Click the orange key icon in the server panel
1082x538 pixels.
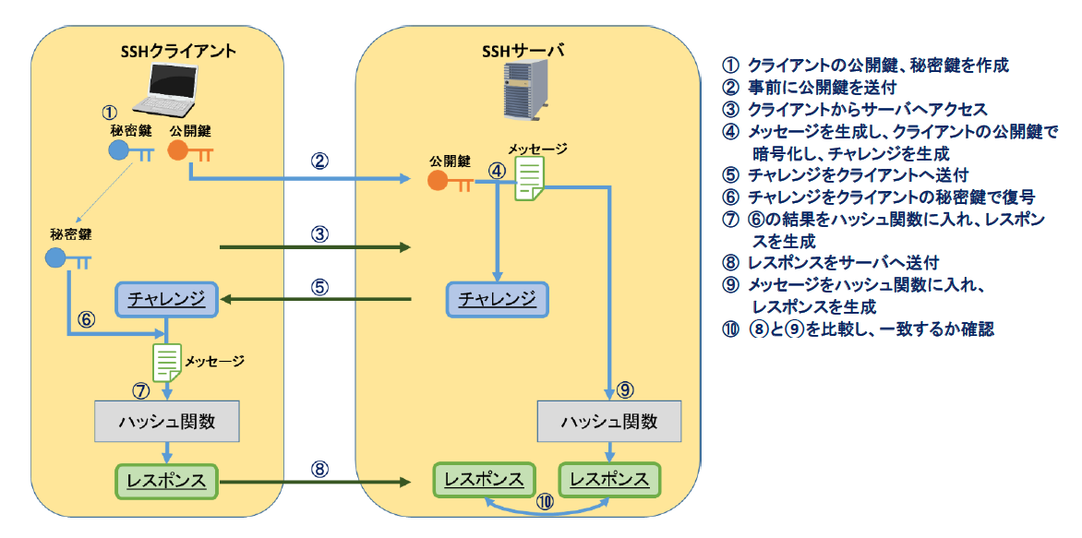coord(450,182)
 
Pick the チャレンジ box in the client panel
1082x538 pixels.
coord(166,299)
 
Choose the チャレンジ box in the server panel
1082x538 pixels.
coord(497,299)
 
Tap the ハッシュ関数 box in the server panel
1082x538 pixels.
coord(609,421)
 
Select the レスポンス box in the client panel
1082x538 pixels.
coord(166,480)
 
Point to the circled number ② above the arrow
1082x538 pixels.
coord(319,162)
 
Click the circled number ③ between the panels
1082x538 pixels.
coord(319,233)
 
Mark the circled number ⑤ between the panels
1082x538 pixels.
coord(319,286)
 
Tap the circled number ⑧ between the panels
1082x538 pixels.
coord(319,469)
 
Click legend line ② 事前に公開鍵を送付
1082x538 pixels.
coord(809,87)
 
